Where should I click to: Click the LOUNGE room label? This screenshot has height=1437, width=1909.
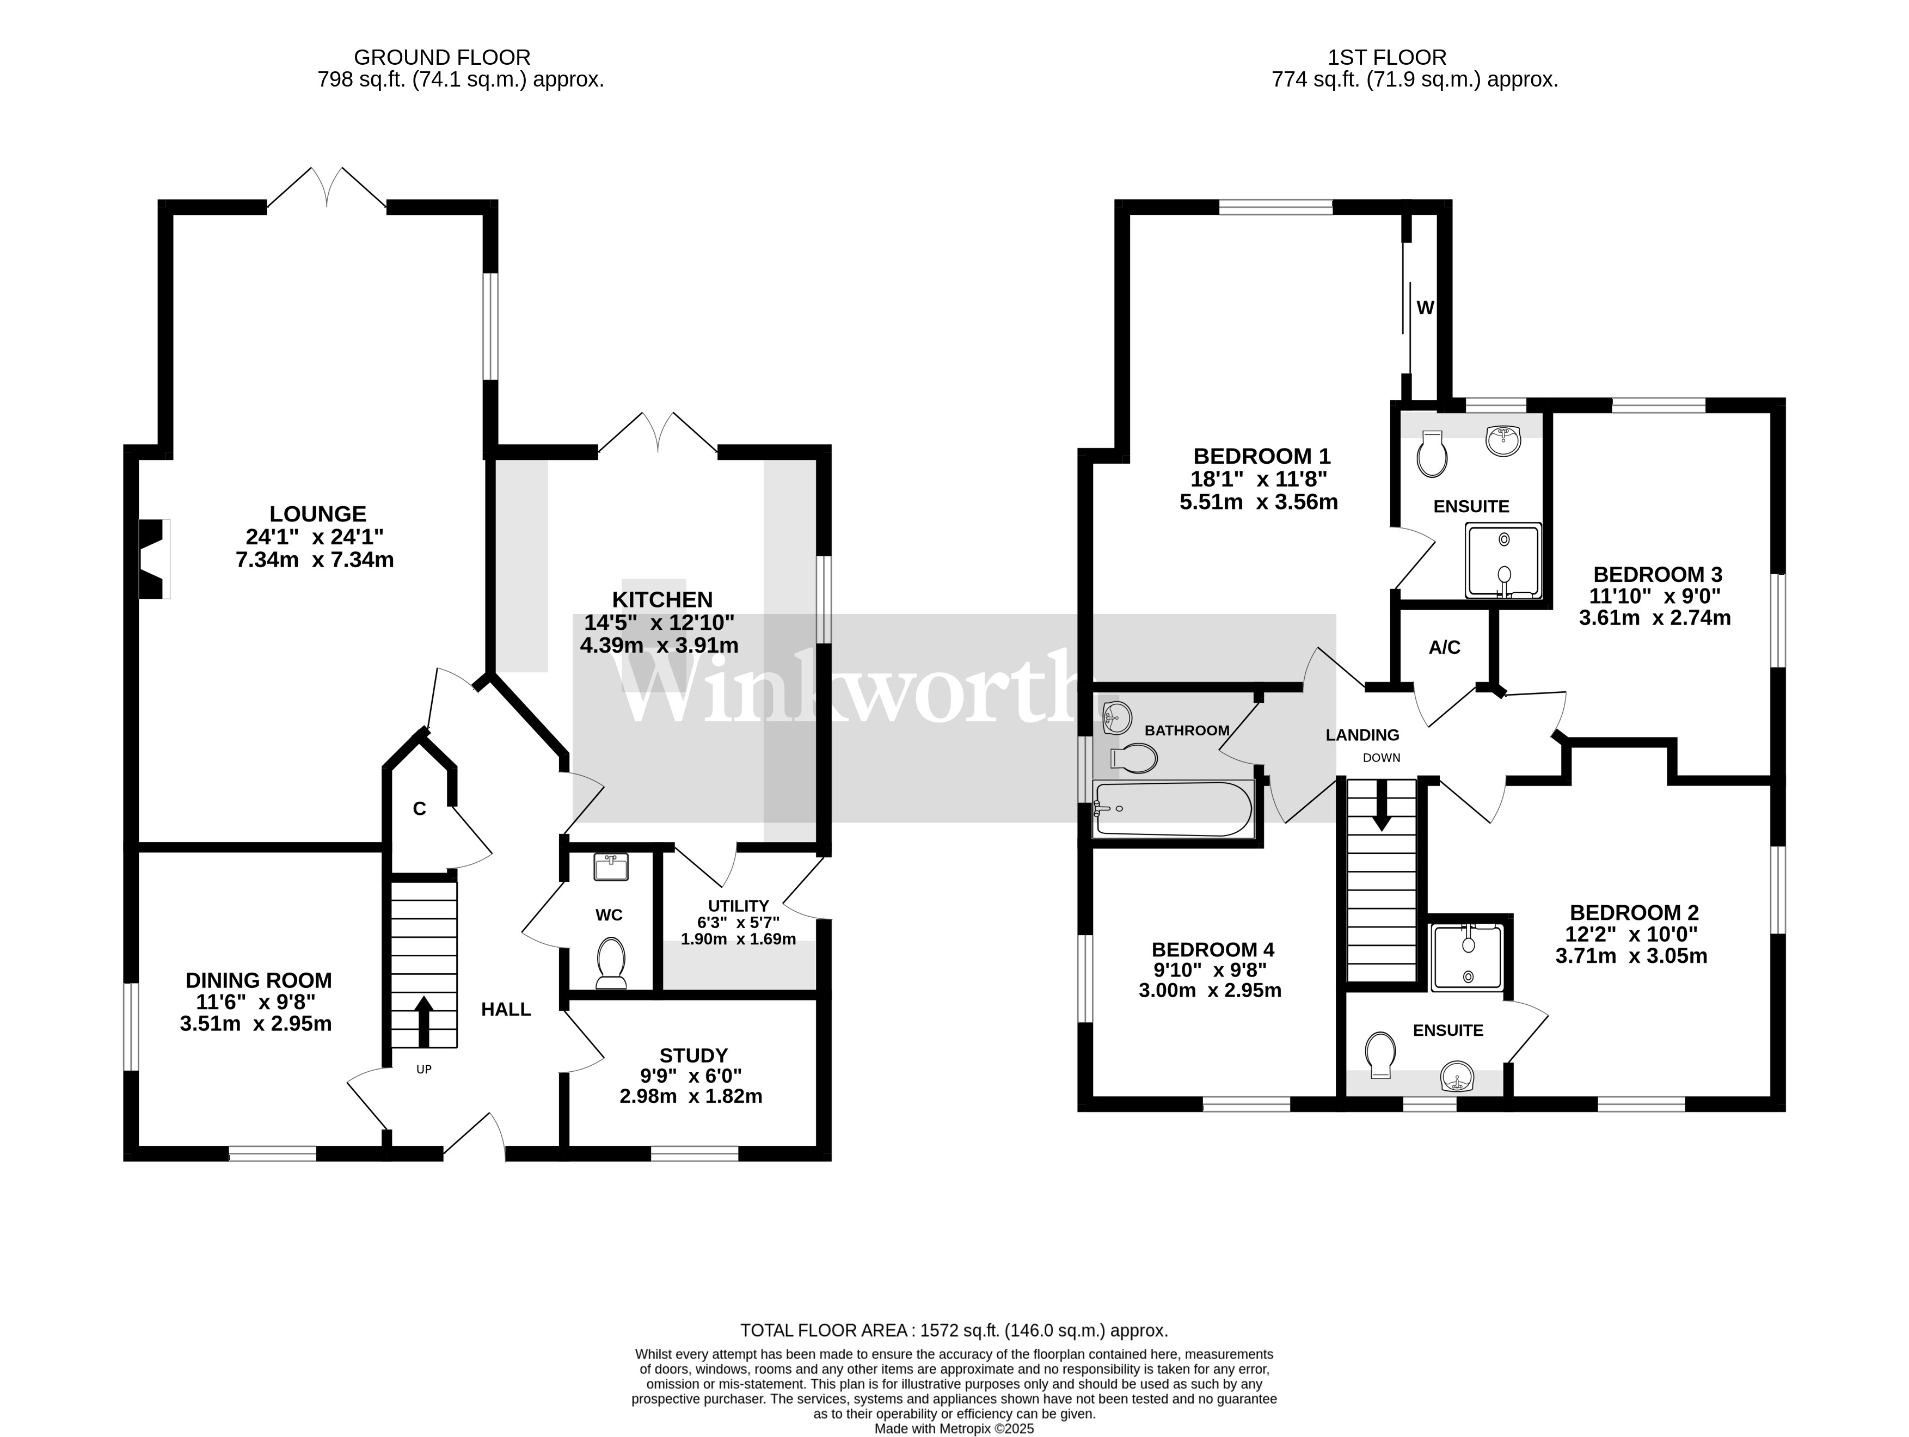pyautogui.click(x=317, y=514)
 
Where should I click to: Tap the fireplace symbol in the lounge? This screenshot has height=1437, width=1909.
pyautogui.click(x=153, y=559)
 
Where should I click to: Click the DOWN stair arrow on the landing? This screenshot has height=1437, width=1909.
pyautogui.click(x=1382, y=805)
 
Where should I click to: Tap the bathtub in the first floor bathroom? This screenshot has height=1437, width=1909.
pyautogui.click(x=1174, y=809)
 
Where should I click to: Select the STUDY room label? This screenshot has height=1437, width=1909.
pyautogui.click(x=693, y=1055)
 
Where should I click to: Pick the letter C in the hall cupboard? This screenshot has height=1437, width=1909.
pyautogui.click(x=420, y=809)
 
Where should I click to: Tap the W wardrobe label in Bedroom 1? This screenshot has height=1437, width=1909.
pyautogui.click(x=1425, y=307)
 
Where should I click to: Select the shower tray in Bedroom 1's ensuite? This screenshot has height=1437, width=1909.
pyautogui.click(x=1502, y=560)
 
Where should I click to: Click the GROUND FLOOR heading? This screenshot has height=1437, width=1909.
pyautogui.click(x=442, y=58)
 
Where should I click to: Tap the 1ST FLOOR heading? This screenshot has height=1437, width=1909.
pyautogui.click(x=1387, y=58)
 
